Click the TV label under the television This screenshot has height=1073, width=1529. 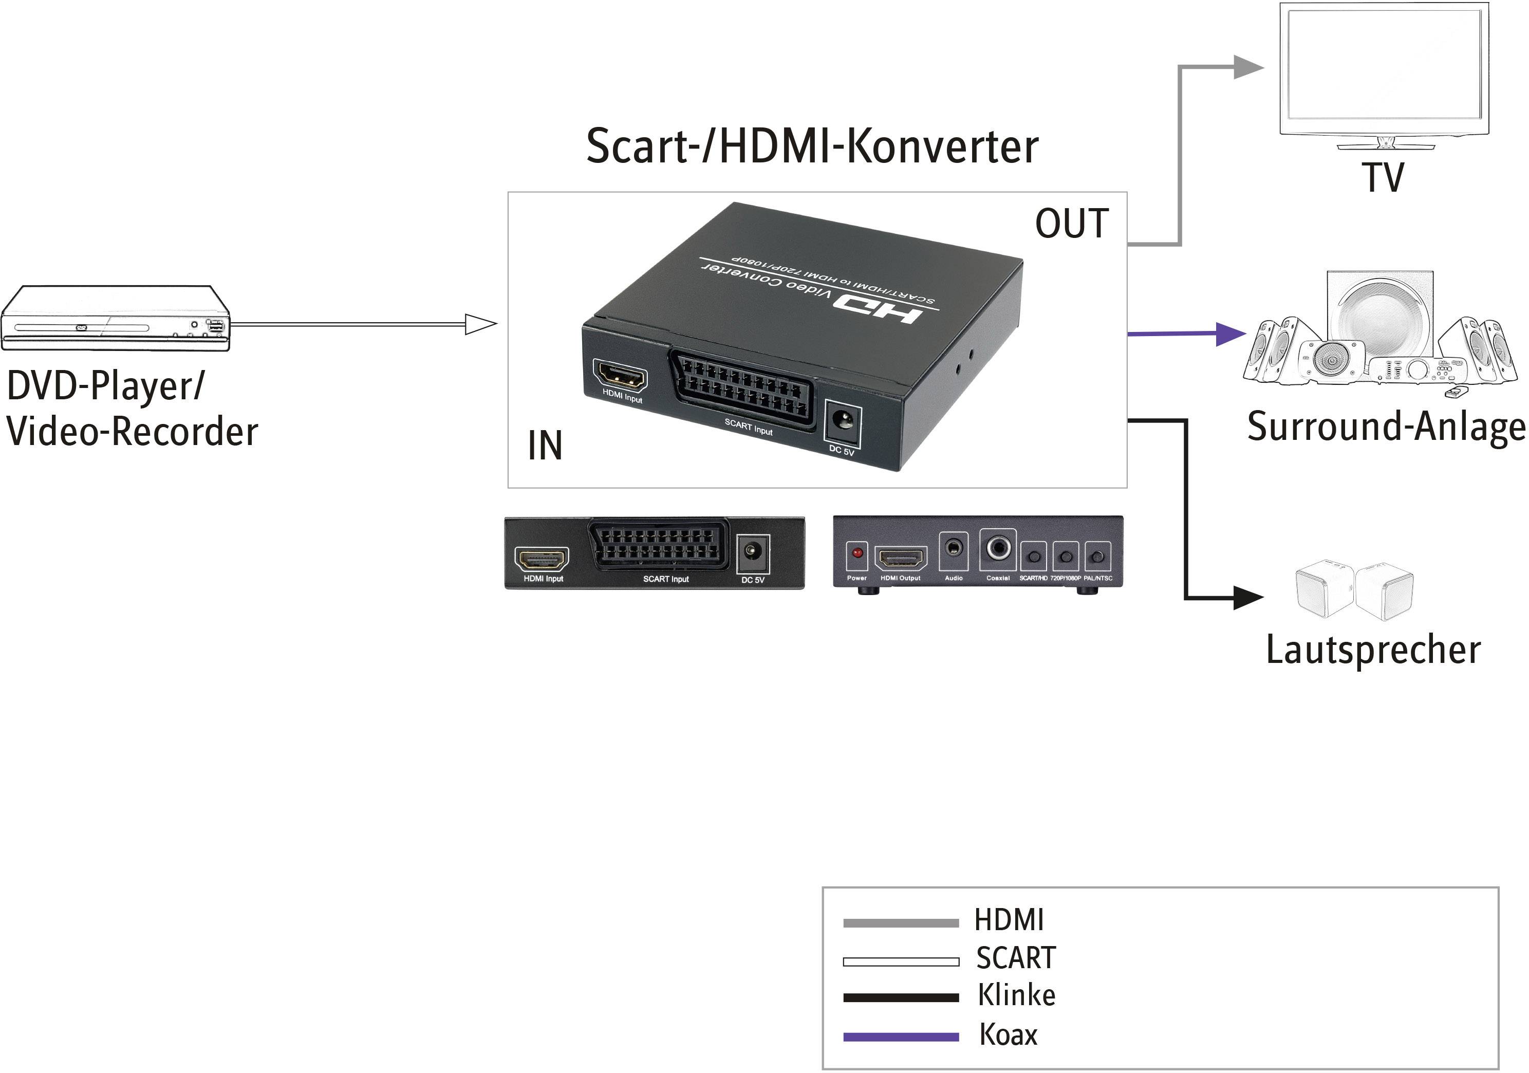(1383, 177)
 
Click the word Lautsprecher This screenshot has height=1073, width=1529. (1373, 650)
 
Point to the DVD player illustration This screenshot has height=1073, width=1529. (115, 319)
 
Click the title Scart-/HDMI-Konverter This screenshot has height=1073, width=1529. (812, 146)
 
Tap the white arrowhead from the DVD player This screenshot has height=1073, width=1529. (480, 324)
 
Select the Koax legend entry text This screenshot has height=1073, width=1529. (1008, 1034)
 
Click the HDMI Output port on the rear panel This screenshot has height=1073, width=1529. (900, 558)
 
